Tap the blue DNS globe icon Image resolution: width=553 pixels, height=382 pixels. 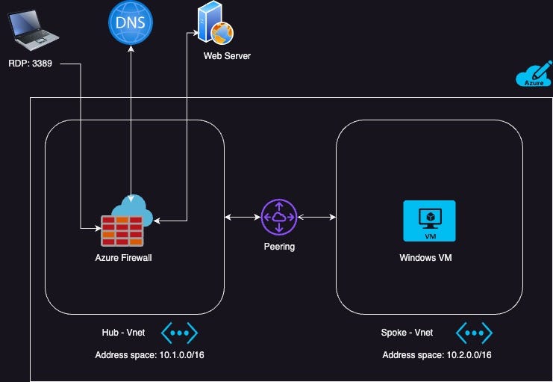pyautogui.click(x=131, y=23)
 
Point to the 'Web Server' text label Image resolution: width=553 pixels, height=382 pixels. pyautogui.click(x=227, y=56)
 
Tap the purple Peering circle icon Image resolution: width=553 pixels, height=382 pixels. pyautogui.click(x=279, y=217)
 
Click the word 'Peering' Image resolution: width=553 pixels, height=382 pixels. pyautogui.click(x=279, y=247)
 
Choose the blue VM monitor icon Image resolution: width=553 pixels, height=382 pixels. pyautogui.click(x=429, y=221)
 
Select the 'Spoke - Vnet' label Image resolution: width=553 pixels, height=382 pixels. pyautogui.click(x=407, y=333)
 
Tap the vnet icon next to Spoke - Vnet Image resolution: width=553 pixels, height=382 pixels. pyautogui.click(x=474, y=333)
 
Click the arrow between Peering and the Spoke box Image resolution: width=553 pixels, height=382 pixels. pyautogui.click(x=316, y=218)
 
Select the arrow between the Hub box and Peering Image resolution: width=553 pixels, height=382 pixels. pyautogui.click(x=243, y=218)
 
